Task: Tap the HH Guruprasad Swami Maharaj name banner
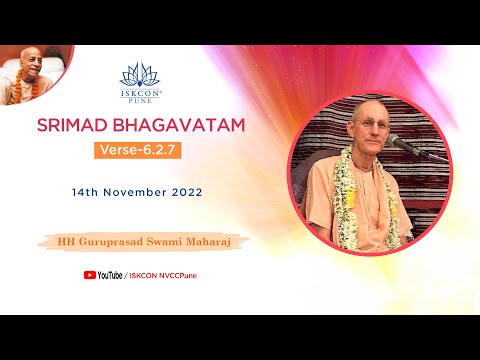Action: click(x=140, y=242)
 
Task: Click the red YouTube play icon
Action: click(x=90, y=274)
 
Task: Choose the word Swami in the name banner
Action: click(x=159, y=242)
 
